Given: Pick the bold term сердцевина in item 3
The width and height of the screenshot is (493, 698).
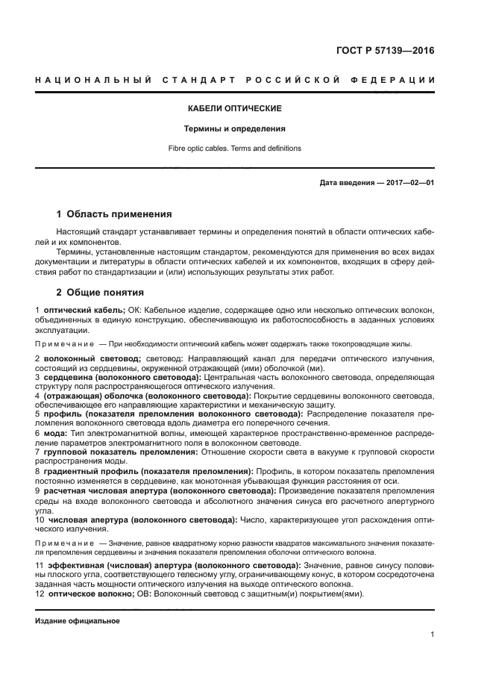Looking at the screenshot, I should (x=69, y=377).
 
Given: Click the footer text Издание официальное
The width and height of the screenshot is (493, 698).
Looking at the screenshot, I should (x=77, y=621).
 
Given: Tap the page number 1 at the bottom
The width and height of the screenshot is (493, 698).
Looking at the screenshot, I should (x=432, y=635).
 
